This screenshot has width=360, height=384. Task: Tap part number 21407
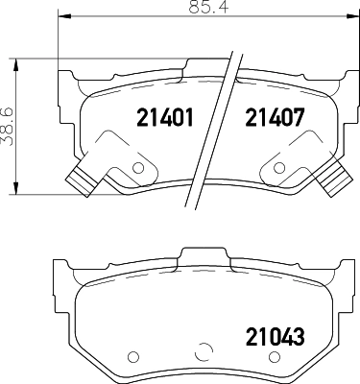[275, 117]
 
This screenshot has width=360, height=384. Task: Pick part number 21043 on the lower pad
[275, 337]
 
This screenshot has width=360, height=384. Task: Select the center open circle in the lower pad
[204, 352]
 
